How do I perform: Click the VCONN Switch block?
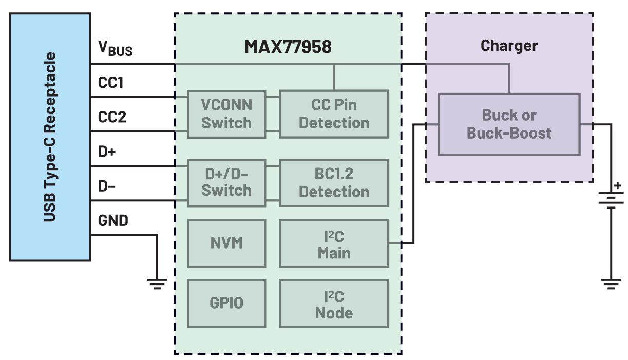(226, 114)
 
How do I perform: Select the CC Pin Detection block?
(334, 114)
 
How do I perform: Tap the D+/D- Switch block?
(226, 182)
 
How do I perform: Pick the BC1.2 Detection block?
(334, 183)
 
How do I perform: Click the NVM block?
(226, 243)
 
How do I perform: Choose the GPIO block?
(226, 303)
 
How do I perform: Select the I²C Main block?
(334, 243)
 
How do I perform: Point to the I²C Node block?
(334, 303)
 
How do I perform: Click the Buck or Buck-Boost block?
(508, 124)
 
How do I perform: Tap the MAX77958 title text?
(288, 47)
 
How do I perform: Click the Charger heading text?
(509, 46)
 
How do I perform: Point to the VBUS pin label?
(115, 48)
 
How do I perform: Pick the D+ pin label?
(107, 153)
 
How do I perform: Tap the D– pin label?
(107, 186)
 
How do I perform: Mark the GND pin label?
(113, 221)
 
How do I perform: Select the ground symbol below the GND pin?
(157, 283)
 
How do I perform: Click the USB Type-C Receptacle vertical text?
(49, 137)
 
